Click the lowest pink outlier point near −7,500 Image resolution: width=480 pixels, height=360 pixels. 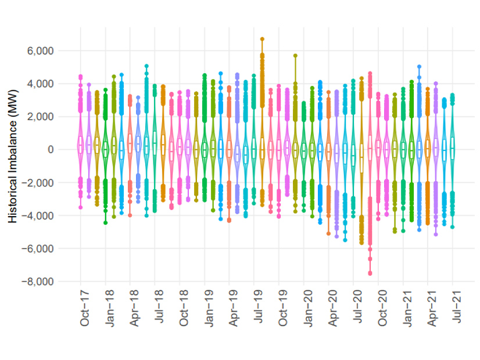pos(370,273)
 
